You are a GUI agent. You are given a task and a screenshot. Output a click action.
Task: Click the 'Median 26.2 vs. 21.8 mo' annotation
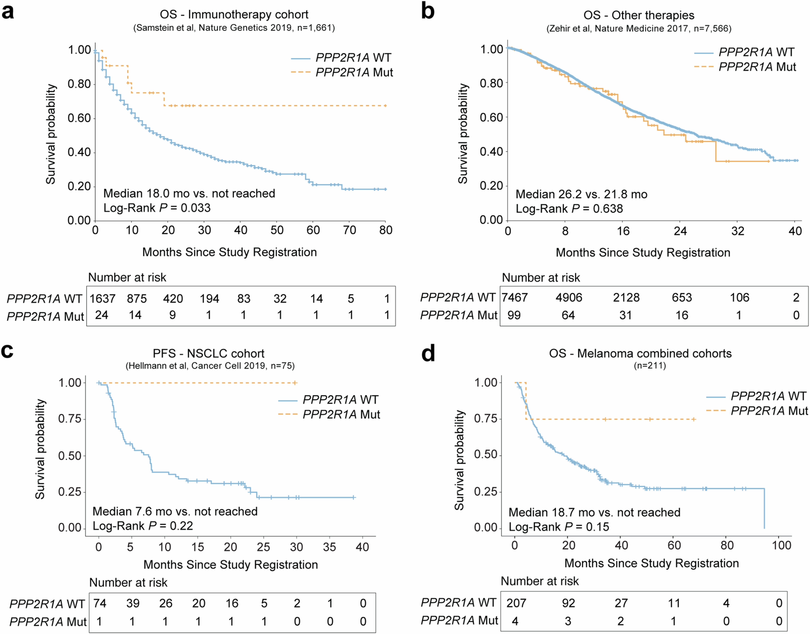point(581,194)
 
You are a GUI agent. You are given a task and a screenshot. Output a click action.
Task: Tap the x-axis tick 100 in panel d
point(781,545)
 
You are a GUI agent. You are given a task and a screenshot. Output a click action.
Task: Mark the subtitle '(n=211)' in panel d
point(650,366)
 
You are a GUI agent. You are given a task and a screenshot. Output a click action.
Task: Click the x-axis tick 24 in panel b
point(680,231)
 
